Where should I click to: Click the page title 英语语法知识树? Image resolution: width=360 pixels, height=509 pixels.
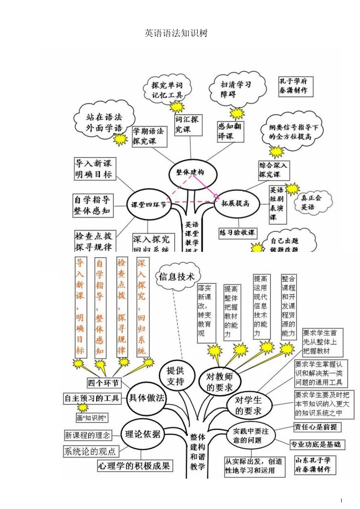click(x=176, y=33)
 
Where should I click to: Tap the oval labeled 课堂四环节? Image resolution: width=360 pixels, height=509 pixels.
click(x=148, y=205)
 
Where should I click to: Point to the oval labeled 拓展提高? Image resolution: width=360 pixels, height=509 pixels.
click(x=235, y=204)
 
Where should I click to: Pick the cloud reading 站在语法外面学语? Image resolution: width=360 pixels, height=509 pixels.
click(x=104, y=122)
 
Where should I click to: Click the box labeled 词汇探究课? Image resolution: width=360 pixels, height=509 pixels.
click(x=186, y=124)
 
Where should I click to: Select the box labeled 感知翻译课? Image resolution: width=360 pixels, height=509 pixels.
click(x=230, y=131)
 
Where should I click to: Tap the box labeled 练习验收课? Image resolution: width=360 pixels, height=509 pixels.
click(x=237, y=233)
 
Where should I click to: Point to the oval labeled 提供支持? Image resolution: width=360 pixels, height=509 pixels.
click(x=175, y=376)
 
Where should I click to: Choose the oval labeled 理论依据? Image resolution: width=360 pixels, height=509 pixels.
click(x=142, y=434)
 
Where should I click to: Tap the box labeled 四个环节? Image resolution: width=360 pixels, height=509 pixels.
click(x=103, y=383)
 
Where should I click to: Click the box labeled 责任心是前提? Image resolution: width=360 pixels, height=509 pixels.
click(x=318, y=427)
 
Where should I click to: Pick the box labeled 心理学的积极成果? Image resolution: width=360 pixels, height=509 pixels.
click(x=135, y=465)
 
